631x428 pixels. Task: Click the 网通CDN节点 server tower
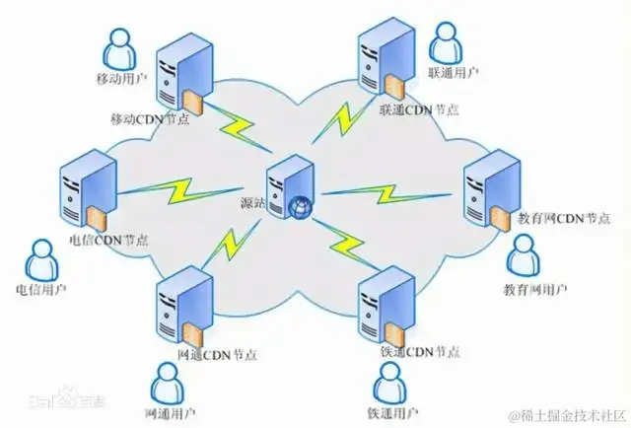click(184, 300)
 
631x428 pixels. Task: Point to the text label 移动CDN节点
click(151, 119)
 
